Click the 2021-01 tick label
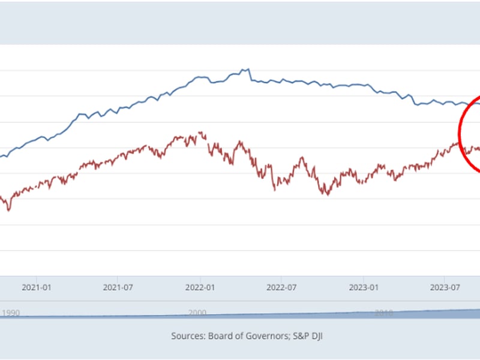click(x=36, y=287)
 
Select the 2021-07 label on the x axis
click(x=118, y=287)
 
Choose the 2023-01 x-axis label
click(x=364, y=287)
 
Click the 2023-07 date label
click(x=446, y=287)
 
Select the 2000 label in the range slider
click(x=197, y=313)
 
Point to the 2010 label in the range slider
click(x=383, y=313)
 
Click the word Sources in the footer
click(x=188, y=337)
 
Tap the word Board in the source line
click(x=223, y=337)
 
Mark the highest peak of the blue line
click(x=248, y=69)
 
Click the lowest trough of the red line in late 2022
click(x=326, y=194)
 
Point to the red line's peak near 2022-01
click(x=200, y=133)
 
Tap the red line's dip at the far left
click(x=8, y=211)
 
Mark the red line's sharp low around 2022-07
click(x=275, y=190)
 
